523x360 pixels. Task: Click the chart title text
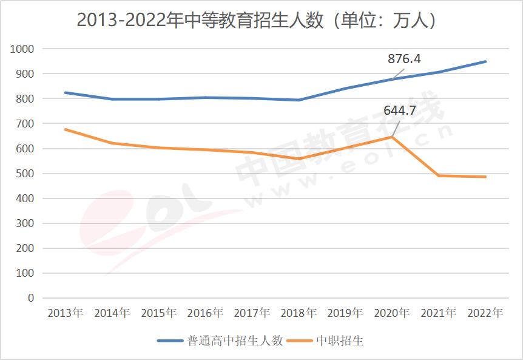pyautogui.click(x=257, y=20)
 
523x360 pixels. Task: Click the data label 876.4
pyautogui.click(x=405, y=59)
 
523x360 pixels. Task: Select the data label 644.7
pyautogui.click(x=400, y=111)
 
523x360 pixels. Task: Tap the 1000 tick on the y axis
pyautogui.click(x=22, y=49)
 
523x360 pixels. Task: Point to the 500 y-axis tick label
pyautogui.click(x=25, y=174)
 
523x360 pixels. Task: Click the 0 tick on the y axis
pyautogui.click(x=31, y=298)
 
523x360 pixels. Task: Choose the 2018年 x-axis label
pyautogui.click(x=299, y=313)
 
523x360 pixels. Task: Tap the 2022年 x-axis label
pyautogui.click(x=485, y=313)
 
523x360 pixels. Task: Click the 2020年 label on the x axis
pyautogui.click(x=392, y=313)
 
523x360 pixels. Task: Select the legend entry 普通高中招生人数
pyautogui.click(x=220, y=341)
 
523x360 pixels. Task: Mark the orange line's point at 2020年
pyautogui.click(x=392, y=137)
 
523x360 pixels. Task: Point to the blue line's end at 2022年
pyautogui.click(x=485, y=61)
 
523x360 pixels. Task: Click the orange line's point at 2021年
pyautogui.click(x=439, y=175)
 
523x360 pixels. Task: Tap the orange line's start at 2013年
pyautogui.click(x=66, y=129)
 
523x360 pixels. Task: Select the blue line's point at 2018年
pyautogui.click(x=299, y=100)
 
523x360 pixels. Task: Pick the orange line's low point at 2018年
pyautogui.click(x=299, y=159)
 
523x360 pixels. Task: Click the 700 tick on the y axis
pyautogui.click(x=25, y=124)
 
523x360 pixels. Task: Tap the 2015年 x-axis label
pyautogui.click(x=159, y=313)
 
